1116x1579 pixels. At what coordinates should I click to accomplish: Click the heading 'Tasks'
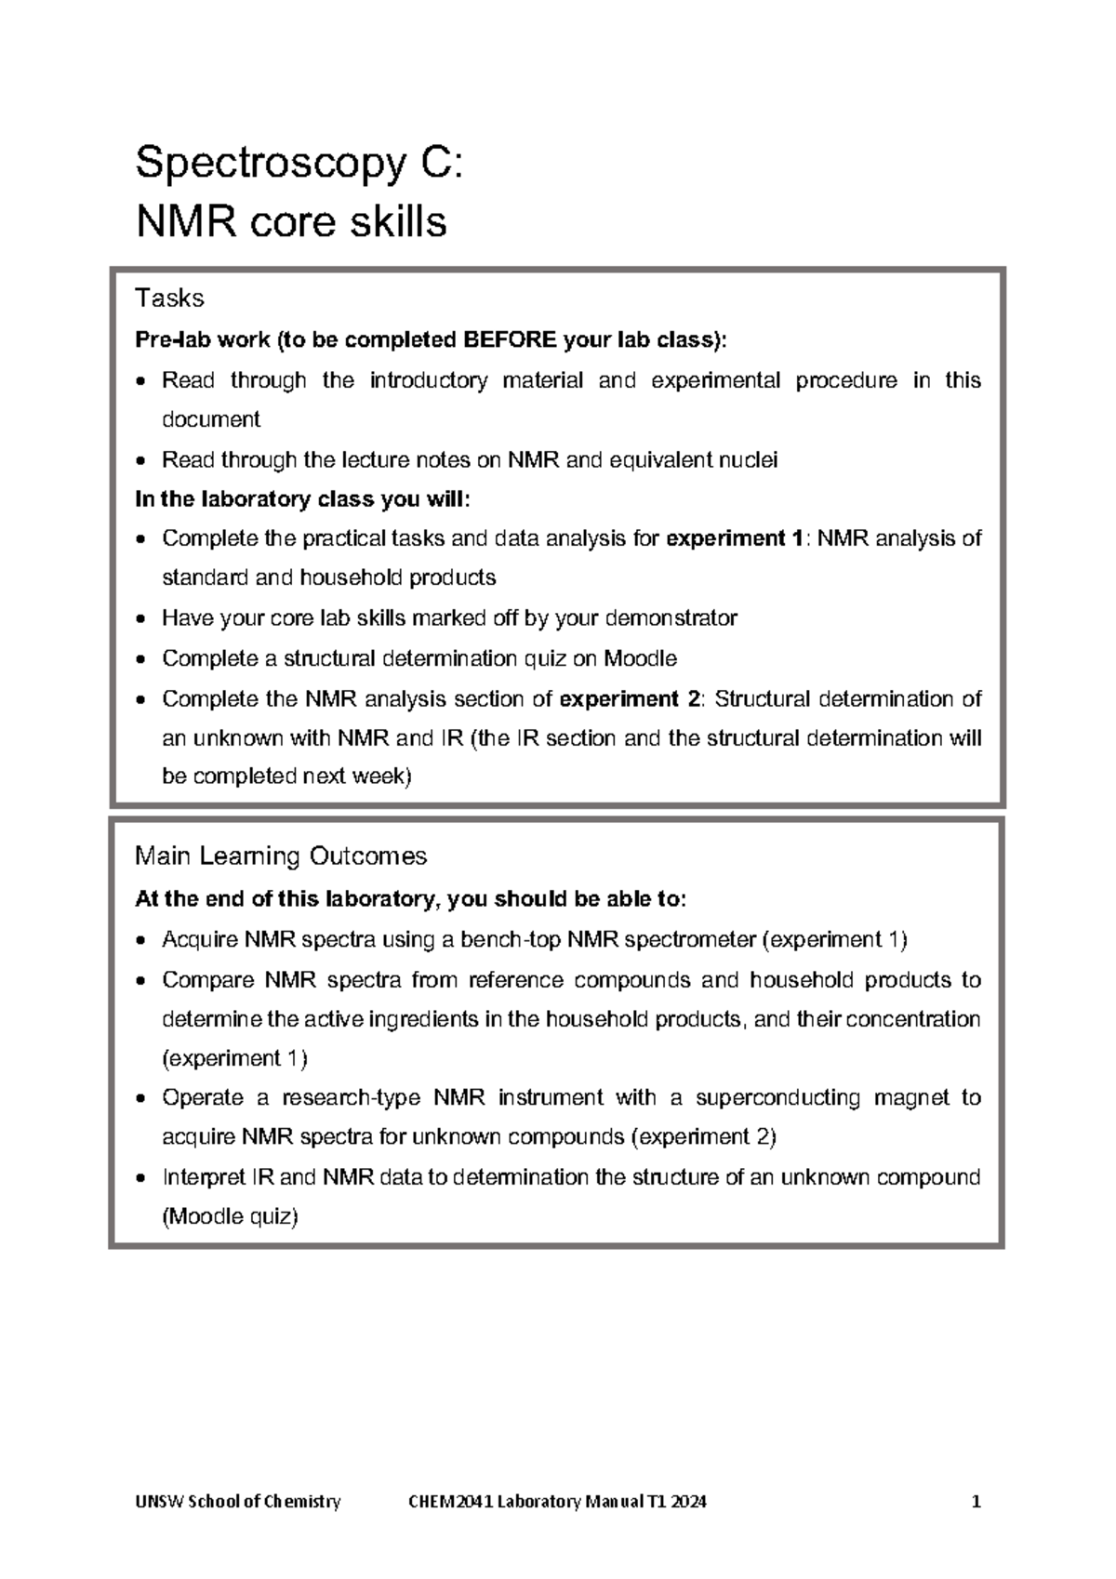(x=169, y=298)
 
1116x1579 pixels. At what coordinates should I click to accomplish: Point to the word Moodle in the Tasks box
(x=640, y=658)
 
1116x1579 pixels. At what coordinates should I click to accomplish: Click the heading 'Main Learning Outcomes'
(x=281, y=856)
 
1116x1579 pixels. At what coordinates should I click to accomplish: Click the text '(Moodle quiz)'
(x=230, y=1216)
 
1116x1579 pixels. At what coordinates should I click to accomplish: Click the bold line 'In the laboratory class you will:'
(x=303, y=499)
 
